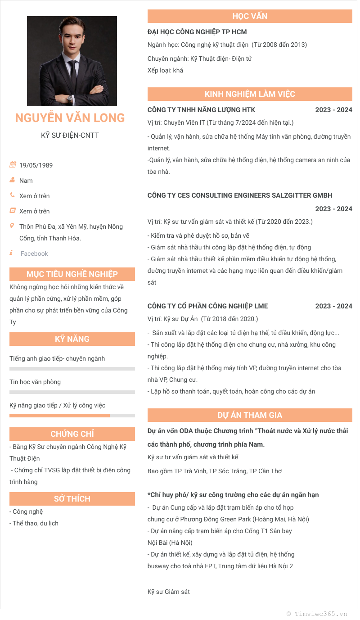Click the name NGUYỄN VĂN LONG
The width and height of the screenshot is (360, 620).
(x=70, y=118)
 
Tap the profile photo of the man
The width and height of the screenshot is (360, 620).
(x=72, y=61)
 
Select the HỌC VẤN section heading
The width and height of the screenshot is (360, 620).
(x=250, y=16)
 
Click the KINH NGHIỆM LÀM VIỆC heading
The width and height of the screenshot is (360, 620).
(x=250, y=94)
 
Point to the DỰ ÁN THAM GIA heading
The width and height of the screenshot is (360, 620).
(x=250, y=415)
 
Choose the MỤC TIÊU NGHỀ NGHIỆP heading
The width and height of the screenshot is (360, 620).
(x=72, y=274)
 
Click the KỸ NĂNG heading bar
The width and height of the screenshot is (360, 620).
(x=72, y=339)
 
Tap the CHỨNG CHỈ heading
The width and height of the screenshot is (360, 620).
(x=72, y=434)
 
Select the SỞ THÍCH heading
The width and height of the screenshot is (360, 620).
(x=72, y=499)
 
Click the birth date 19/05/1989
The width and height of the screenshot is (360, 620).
(x=36, y=165)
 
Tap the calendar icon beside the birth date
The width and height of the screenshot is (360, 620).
(x=13, y=165)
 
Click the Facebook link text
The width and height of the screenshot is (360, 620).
(x=34, y=253)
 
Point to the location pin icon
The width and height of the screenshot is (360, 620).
(x=12, y=226)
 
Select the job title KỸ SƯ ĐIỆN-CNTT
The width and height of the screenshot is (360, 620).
(x=70, y=135)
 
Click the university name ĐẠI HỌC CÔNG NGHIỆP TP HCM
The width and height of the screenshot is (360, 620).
(x=197, y=32)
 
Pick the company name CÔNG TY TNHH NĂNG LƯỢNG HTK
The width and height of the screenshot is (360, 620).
(x=201, y=110)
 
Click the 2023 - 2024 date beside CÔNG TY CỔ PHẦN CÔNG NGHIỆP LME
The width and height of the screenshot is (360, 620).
(x=333, y=306)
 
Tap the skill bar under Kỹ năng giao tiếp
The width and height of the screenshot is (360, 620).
(x=72, y=416)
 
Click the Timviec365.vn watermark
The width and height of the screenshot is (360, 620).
(x=317, y=614)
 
